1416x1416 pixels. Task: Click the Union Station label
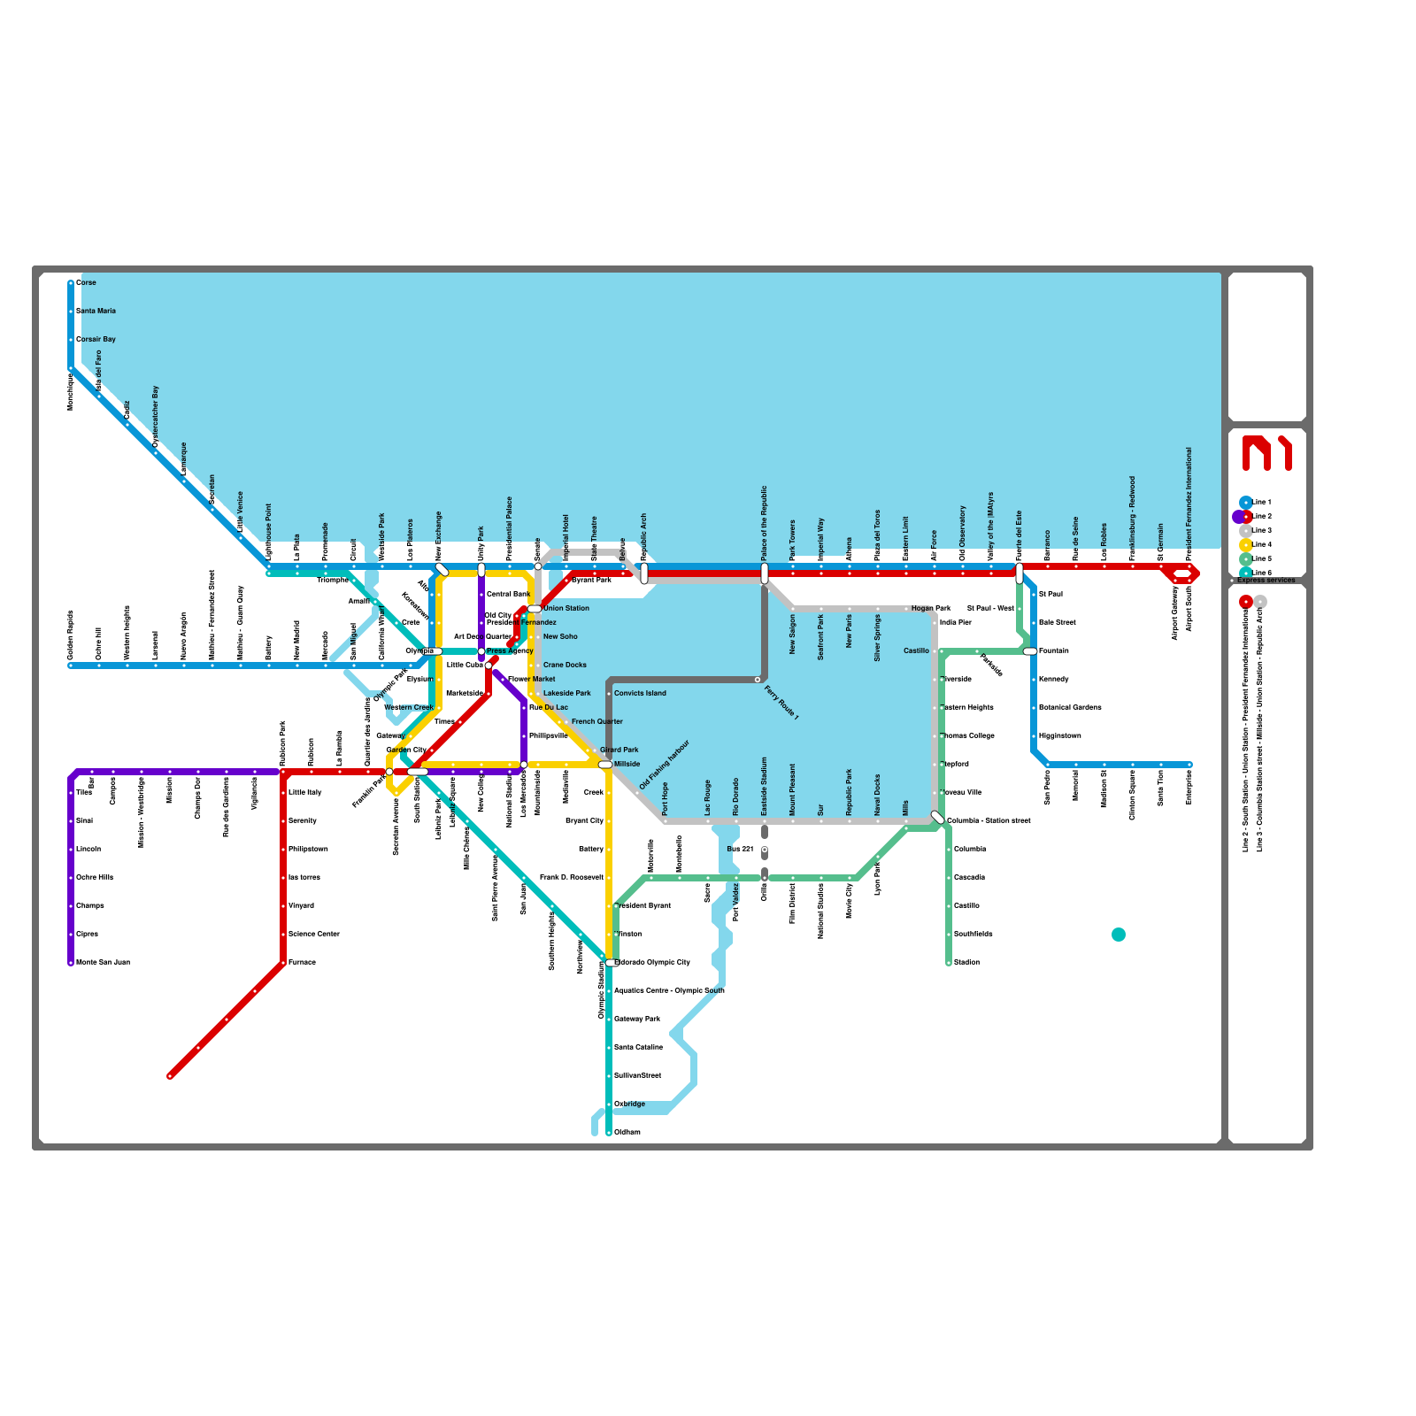coord(566,608)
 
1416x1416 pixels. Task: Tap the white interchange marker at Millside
coord(605,764)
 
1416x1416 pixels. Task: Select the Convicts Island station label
coord(640,693)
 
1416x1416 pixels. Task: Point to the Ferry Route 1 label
coord(781,703)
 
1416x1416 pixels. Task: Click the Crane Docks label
coord(565,665)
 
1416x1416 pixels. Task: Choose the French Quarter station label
coord(597,721)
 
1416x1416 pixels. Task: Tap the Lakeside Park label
coord(567,693)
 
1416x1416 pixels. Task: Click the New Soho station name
coord(560,636)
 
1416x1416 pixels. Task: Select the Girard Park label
coord(619,750)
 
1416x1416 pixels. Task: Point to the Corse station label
coord(86,282)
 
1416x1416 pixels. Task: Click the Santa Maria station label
coord(96,311)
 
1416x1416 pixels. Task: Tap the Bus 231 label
coord(740,849)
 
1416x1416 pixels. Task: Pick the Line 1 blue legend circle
coord(1246,502)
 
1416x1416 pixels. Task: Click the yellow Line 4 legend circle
coord(1246,544)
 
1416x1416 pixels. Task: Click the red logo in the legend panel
coord(1266,452)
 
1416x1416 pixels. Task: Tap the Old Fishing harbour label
coord(664,765)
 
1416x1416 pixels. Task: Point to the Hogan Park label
coord(931,608)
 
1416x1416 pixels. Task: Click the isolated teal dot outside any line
coord(1119,935)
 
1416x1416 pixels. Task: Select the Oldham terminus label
coord(627,1132)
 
